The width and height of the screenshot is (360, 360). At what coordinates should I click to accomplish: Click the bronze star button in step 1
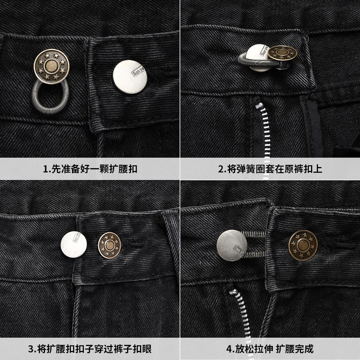52,66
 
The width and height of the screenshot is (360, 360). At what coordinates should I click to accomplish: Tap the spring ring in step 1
50,95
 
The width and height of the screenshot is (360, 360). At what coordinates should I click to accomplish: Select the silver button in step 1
130,76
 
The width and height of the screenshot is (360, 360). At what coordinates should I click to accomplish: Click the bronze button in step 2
282,53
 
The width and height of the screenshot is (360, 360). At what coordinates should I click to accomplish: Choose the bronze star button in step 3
110,245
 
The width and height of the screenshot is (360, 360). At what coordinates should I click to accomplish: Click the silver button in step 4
232,246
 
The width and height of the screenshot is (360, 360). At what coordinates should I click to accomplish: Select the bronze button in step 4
303,246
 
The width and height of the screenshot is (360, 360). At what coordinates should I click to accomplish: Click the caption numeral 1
46,169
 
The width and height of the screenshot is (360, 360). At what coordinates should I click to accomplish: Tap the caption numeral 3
34,348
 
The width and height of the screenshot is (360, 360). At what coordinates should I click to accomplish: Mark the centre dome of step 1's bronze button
52,66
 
